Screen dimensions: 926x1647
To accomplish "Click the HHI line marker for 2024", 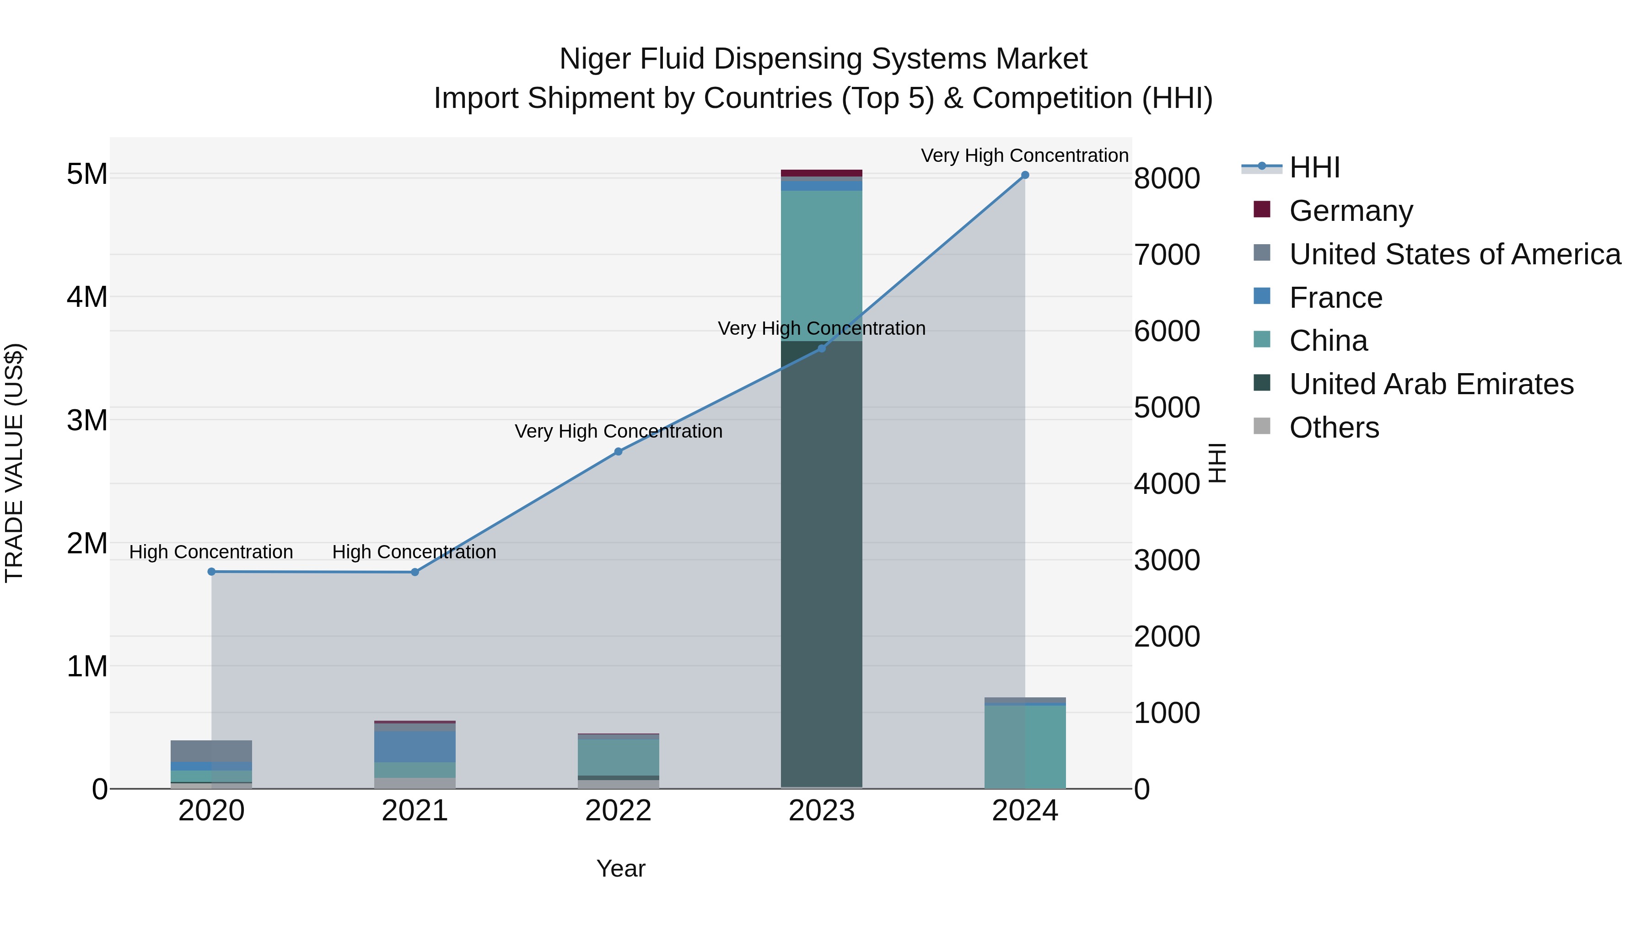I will tap(1025, 175).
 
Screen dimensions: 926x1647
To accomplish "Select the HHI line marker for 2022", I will tap(618, 452).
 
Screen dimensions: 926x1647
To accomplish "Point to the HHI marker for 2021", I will tap(415, 573).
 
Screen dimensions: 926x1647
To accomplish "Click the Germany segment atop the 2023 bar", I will tap(822, 173).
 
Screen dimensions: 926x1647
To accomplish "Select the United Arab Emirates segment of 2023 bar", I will tap(822, 562).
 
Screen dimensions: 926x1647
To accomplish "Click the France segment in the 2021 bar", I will tap(415, 746).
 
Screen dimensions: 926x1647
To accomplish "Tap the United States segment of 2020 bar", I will tap(212, 751).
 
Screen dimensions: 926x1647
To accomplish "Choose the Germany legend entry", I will tap(1351, 211).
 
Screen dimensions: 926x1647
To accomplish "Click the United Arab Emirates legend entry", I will tap(1431, 384).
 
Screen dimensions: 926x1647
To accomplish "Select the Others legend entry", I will tap(1334, 428).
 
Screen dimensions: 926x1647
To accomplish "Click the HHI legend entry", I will tap(1314, 167).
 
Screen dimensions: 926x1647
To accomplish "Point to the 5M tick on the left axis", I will tap(87, 174).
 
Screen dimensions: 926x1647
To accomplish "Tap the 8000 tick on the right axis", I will tap(1167, 178).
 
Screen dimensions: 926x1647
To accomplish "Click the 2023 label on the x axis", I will tap(822, 811).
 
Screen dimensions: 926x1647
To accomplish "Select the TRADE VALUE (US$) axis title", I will tap(14, 463).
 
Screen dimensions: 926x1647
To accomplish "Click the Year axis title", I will tap(621, 868).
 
